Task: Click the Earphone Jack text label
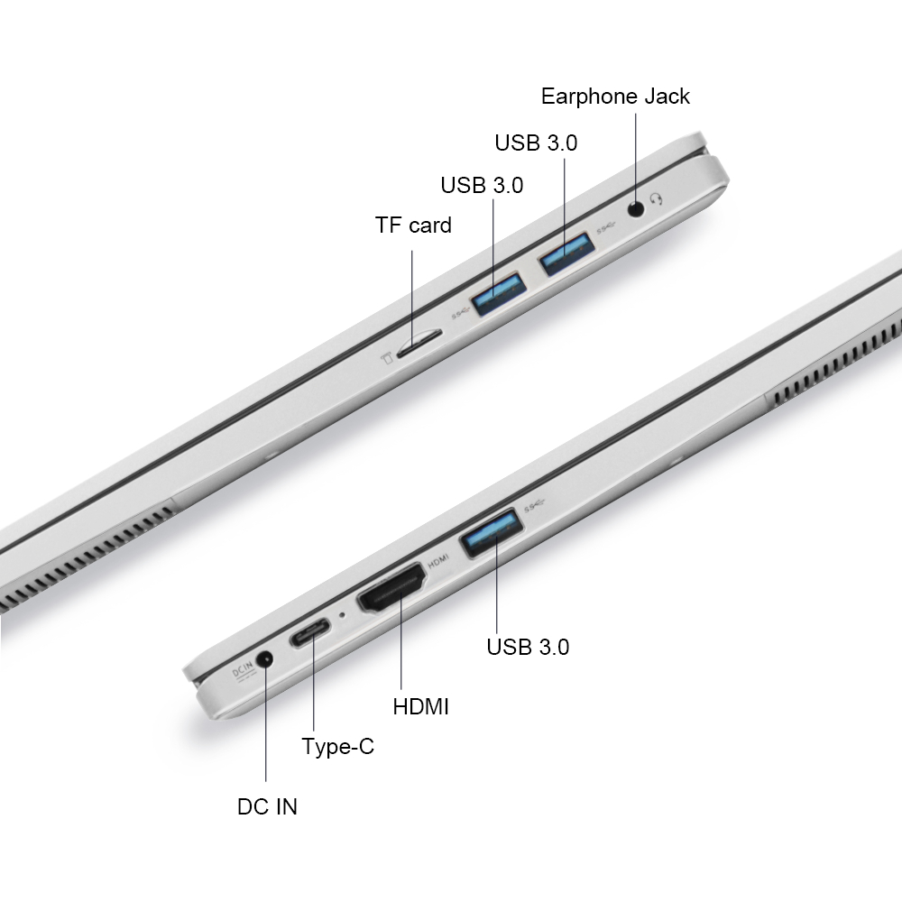[x=615, y=97]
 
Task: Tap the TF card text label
[x=413, y=225]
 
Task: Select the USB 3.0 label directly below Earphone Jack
[x=536, y=143]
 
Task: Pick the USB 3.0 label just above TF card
[x=482, y=185]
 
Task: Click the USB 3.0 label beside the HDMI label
[x=528, y=647]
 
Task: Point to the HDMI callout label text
[x=420, y=706]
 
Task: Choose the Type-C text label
[x=337, y=747]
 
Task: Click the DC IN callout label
[x=267, y=806]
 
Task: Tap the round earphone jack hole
[x=636, y=208]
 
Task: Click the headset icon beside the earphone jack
[x=657, y=199]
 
